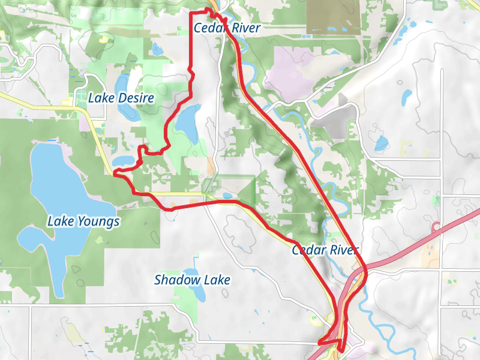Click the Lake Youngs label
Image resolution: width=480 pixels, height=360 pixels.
(83, 222)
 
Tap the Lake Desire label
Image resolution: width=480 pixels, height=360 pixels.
(121, 98)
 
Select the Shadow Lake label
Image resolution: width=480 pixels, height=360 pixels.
(192, 280)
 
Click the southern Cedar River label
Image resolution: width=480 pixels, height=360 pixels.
(325, 250)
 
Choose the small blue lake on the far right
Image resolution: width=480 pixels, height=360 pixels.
(381, 143)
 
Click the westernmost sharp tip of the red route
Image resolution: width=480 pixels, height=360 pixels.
(114, 173)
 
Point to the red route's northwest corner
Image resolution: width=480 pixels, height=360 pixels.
(190, 13)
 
